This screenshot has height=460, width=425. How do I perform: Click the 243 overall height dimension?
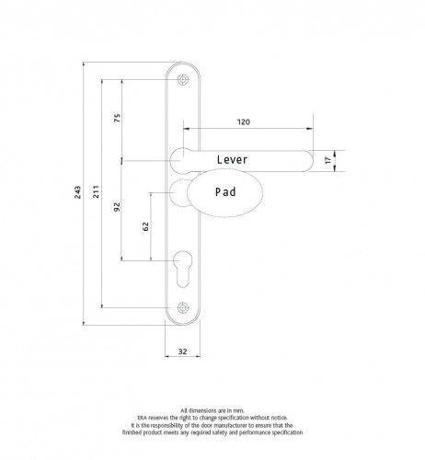coord(78,192)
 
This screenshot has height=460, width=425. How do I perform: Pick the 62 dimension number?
coord(146,227)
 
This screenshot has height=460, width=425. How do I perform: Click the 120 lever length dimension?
coord(244,121)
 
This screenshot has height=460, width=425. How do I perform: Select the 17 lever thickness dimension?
coord(328,160)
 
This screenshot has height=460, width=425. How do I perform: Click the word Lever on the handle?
coord(233,160)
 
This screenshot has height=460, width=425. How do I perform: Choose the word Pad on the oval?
coord(226,193)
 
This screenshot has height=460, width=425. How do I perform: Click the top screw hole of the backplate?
coord(182,81)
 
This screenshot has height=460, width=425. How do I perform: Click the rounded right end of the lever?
coord(304,160)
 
